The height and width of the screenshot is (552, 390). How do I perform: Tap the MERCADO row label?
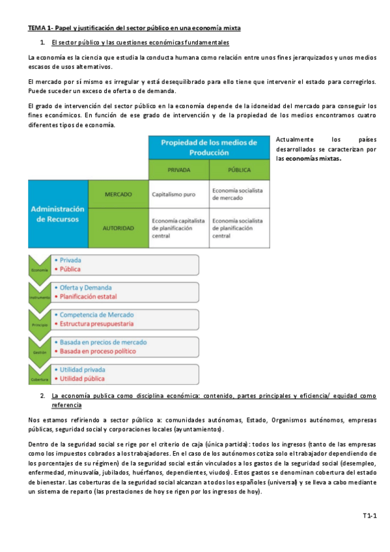[118, 194]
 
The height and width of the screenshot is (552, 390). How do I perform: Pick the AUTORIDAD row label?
[118, 228]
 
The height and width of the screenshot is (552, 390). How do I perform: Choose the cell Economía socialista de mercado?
[238, 193]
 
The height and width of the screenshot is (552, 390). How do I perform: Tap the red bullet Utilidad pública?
[81, 378]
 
